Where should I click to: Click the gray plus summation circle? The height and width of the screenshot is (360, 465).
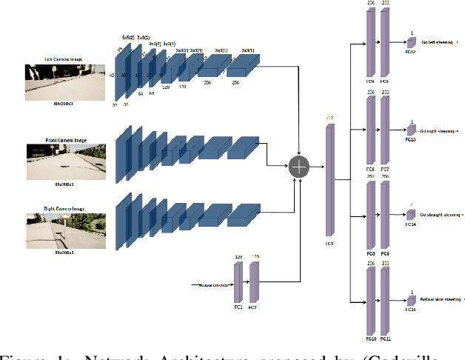(299, 167)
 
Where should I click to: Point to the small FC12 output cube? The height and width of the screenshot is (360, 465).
(411, 42)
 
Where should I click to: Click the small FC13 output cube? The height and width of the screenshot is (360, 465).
(411, 128)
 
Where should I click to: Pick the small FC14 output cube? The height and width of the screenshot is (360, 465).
(411, 214)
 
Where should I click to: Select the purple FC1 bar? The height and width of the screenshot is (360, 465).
(238, 284)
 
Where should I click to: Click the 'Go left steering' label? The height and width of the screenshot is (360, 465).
(437, 43)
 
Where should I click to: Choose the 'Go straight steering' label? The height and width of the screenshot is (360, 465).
(440, 214)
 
